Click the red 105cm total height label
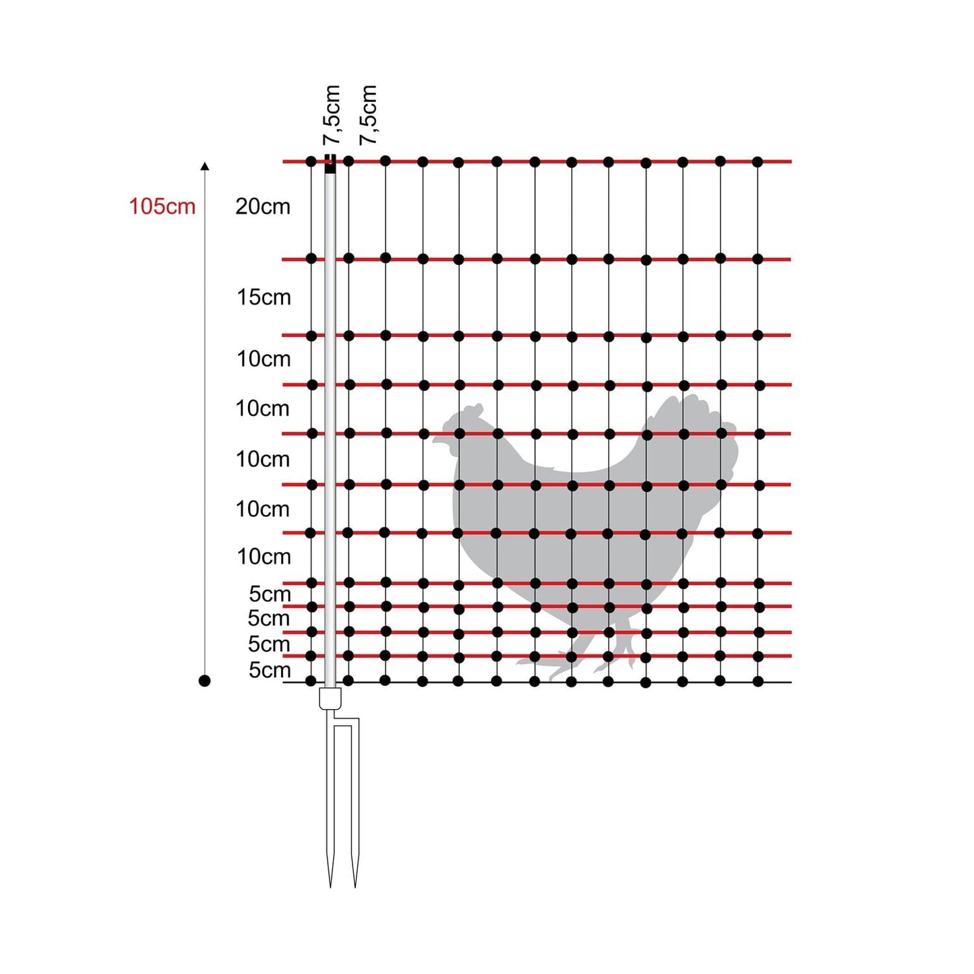pos(162,206)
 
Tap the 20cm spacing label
pos(263,206)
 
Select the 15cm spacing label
pos(264,297)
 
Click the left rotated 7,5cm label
pos(332,115)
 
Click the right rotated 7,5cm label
pos(368,115)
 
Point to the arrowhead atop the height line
pos(205,166)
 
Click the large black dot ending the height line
pos(205,681)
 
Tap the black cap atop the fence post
pos(330,164)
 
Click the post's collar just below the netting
pos(330,698)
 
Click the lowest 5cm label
pos(270,670)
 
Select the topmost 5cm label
pos(270,594)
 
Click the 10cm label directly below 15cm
pos(264,359)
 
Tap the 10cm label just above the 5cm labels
pos(264,557)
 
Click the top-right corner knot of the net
pos(758,162)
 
